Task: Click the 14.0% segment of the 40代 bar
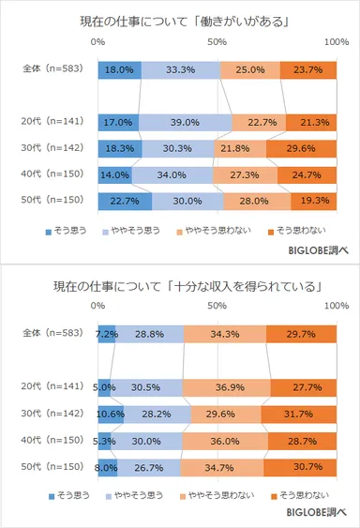(x=114, y=173)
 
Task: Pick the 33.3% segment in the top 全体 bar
(x=180, y=69)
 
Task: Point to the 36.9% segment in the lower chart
(x=226, y=386)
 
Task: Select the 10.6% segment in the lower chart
(x=111, y=413)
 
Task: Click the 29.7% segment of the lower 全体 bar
(x=301, y=334)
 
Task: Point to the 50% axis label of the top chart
(x=217, y=42)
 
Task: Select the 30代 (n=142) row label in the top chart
(x=53, y=148)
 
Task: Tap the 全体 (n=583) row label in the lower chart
(x=53, y=334)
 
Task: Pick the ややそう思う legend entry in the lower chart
(x=142, y=495)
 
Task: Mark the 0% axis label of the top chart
(x=97, y=42)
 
